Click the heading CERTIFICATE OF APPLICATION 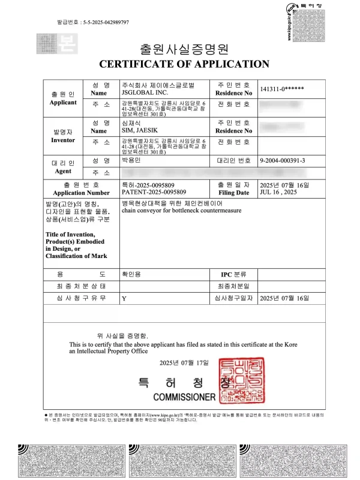pyautogui.click(x=184, y=64)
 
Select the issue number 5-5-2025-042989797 pyautogui.click(x=101, y=22)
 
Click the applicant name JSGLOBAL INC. pyautogui.click(x=141, y=92)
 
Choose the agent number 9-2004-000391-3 pyautogui.click(x=283, y=161)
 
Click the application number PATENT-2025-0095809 pyautogui.click(x=153, y=193)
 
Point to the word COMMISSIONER pyautogui.click(x=184, y=397)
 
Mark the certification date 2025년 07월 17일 pyautogui.click(x=184, y=363)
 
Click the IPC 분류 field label pyautogui.click(x=233, y=274)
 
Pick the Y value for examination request pyautogui.click(x=124, y=298)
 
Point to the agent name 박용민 pyautogui.click(x=131, y=161)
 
